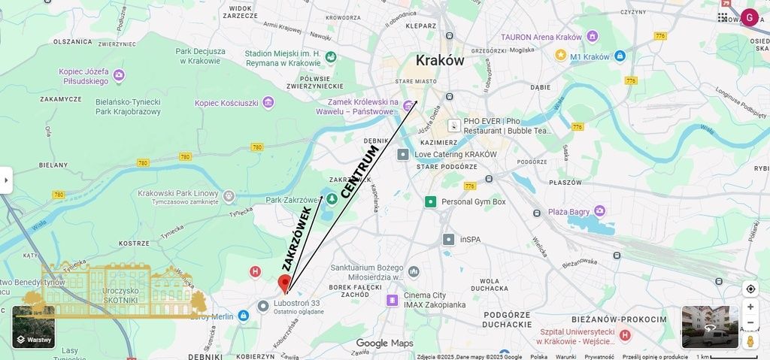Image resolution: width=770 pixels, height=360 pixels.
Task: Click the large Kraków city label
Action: (x=440, y=60)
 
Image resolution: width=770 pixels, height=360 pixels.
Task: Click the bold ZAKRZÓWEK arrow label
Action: (x=297, y=239)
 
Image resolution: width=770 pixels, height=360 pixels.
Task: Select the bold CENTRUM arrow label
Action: (x=359, y=172)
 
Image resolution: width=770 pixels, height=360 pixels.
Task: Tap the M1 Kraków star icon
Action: (x=560, y=55)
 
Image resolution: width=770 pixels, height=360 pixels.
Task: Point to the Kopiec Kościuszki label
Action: (x=226, y=103)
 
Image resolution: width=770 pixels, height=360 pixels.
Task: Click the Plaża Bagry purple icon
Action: (x=599, y=211)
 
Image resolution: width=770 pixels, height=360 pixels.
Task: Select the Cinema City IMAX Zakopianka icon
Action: (x=392, y=300)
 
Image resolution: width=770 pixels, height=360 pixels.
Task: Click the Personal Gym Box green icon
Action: (x=430, y=201)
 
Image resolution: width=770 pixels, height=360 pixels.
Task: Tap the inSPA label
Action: (x=471, y=240)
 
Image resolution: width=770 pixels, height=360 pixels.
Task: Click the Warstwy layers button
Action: (x=33, y=327)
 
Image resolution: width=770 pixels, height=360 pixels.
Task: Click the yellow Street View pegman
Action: (x=750, y=340)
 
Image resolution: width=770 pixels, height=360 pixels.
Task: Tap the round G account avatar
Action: (x=749, y=17)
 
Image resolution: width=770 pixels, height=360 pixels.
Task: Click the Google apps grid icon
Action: (x=723, y=17)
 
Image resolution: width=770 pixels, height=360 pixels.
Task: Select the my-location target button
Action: (x=750, y=289)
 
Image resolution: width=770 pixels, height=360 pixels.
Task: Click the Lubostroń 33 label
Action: (x=297, y=304)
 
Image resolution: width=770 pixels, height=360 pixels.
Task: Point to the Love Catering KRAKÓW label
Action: (x=456, y=154)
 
